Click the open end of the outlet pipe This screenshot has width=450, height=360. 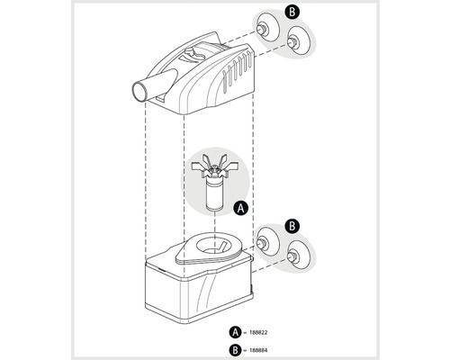139,93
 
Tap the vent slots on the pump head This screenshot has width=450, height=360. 237,72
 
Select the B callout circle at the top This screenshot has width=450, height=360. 292,13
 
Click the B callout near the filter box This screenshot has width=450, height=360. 292,226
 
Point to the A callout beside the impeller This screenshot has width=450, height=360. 241,208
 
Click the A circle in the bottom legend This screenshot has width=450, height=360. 235,332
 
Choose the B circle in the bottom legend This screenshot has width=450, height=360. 235,350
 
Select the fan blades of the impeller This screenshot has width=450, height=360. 215,166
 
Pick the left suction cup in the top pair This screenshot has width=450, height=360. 267,29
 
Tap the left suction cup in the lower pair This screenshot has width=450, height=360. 267,242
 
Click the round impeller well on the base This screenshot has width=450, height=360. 215,245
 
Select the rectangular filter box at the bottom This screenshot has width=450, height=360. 199,288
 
